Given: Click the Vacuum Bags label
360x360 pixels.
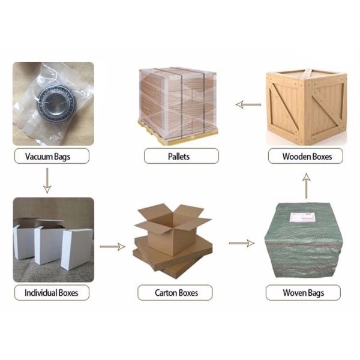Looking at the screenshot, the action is (x=52, y=156).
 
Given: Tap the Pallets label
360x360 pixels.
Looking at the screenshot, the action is (x=181, y=156).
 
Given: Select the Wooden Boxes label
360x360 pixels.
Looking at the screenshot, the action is (x=305, y=156).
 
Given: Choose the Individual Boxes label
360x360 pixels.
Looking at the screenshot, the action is (x=52, y=293).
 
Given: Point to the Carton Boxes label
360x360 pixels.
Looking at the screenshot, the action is (x=175, y=293).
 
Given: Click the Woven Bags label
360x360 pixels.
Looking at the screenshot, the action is (x=303, y=293).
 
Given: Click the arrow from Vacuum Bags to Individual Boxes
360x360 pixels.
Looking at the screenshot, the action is (x=47, y=181).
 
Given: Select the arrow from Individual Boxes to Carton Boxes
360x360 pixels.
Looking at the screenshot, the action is (x=113, y=247).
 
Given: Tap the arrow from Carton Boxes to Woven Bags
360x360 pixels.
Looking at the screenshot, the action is (x=242, y=243).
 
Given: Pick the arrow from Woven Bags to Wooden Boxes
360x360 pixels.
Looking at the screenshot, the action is (x=306, y=186).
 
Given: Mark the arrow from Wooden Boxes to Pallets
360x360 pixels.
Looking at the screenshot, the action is (x=248, y=104).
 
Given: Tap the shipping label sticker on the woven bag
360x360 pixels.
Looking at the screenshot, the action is (x=302, y=217).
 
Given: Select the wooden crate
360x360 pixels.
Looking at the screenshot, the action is (x=306, y=107).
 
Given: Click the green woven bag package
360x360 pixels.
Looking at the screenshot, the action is (x=303, y=240).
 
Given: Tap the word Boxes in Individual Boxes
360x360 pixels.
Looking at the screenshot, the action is (x=68, y=293).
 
